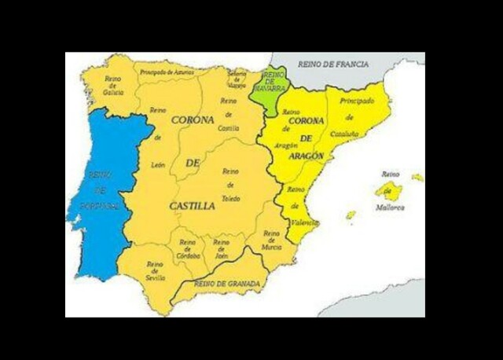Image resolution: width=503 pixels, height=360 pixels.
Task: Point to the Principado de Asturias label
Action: [166, 72]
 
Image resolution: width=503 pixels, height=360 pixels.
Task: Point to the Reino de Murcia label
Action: [271, 241]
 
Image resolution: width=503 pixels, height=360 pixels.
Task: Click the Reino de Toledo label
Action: [230, 185]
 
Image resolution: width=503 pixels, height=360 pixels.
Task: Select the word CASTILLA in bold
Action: [192, 206]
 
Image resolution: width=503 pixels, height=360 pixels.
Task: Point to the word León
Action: [158, 165]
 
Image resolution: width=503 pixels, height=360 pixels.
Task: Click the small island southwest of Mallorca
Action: [351, 214]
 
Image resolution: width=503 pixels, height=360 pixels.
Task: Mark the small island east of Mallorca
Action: [417, 178]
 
